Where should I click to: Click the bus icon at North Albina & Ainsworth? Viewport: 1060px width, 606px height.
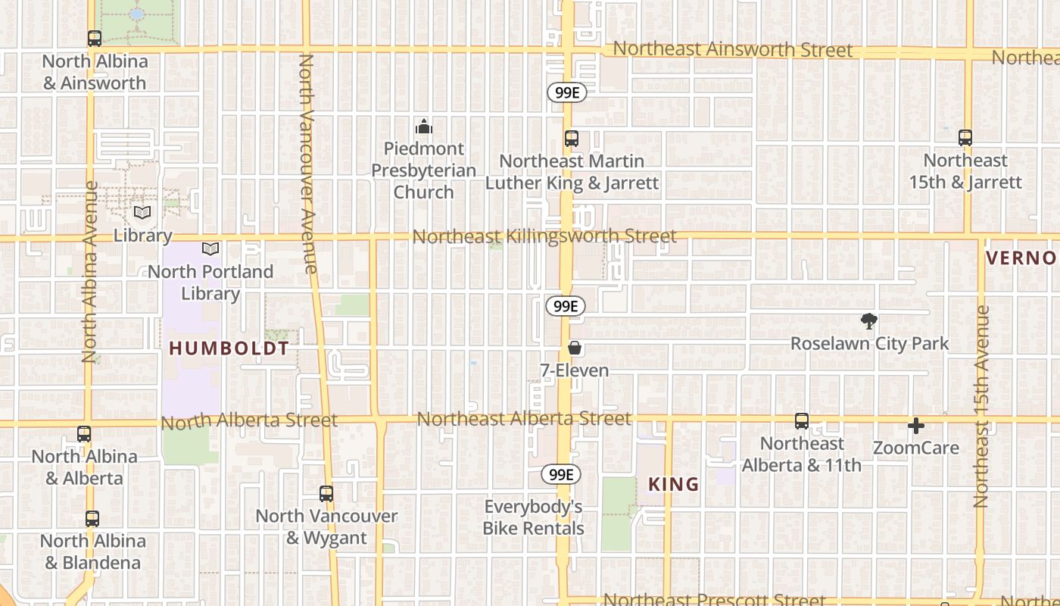[95, 38]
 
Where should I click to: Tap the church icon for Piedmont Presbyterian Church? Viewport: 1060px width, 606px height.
[424, 126]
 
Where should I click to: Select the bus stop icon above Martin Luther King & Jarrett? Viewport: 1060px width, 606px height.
[572, 139]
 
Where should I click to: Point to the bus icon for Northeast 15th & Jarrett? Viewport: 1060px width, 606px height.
[965, 138]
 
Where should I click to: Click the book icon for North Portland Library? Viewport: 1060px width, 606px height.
[210, 248]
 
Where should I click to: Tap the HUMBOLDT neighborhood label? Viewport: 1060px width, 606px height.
[229, 348]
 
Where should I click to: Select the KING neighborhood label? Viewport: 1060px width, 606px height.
[673, 484]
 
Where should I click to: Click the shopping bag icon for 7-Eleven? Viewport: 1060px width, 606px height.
[575, 348]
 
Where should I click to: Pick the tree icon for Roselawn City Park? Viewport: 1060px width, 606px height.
[869, 321]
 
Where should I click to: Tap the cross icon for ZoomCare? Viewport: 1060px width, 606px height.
[916, 426]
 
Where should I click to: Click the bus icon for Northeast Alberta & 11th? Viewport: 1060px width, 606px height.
[802, 421]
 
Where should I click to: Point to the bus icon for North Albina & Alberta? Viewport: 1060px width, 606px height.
[84, 434]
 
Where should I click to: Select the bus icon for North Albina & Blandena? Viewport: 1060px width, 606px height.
[92, 519]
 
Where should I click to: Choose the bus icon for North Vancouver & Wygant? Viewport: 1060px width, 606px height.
[326, 494]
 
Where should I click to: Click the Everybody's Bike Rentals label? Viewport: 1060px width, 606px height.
[534, 517]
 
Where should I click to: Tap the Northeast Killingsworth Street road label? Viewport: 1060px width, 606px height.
[544, 236]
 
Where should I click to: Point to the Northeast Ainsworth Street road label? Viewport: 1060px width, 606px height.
[732, 50]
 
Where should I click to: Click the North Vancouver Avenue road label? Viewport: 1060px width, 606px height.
[307, 163]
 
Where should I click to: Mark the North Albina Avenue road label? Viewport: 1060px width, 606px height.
[90, 271]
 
